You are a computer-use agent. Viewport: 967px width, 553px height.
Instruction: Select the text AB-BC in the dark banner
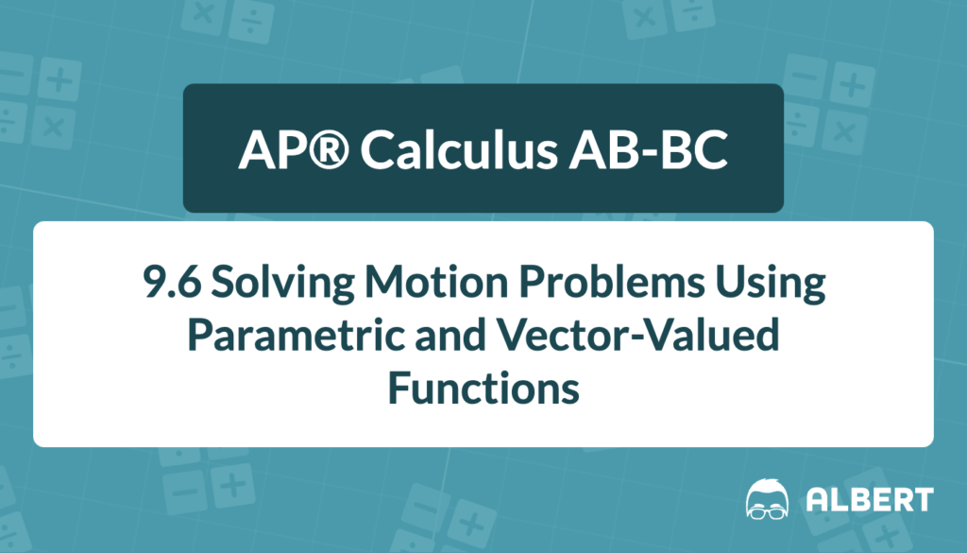(648, 149)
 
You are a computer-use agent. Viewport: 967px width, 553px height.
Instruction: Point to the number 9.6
(172, 282)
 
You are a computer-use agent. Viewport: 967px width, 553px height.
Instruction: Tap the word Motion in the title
(435, 282)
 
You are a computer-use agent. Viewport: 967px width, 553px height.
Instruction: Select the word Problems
(611, 282)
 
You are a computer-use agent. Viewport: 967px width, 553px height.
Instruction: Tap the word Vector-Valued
(638, 335)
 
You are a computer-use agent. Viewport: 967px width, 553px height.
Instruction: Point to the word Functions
(483, 389)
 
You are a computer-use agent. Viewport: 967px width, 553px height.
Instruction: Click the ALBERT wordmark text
(870, 500)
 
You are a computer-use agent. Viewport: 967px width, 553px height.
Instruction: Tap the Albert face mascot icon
(767, 499)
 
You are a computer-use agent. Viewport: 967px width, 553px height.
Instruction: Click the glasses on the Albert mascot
(767, 511)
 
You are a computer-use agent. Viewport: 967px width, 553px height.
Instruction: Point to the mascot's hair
(767, 487)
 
